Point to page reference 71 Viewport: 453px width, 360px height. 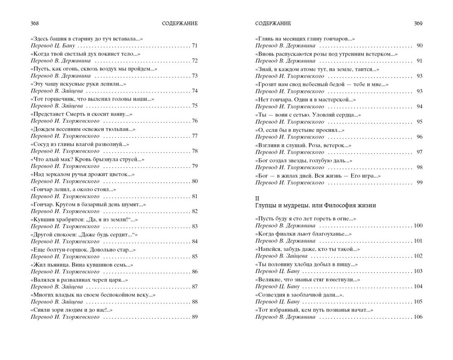[x=195, y=46]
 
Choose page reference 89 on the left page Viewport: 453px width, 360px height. [x=195, y=317]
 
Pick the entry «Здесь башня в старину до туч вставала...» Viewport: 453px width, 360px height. [x=86, y=39]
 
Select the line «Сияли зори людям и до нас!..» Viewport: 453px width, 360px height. [x=71, y=310]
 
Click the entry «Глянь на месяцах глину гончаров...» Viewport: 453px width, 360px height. [x=305, y=39]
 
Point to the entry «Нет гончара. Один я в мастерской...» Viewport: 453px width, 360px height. [x=306, y=100]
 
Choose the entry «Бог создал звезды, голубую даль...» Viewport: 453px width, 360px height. [x=304, y=160]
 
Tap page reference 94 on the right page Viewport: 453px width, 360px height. [x=419, y=106]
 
